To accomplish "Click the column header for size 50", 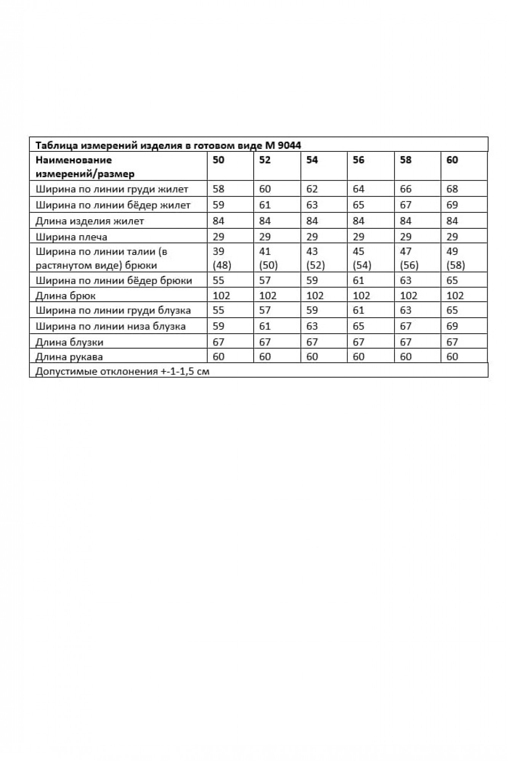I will pyautogui.click(x=219, y=160).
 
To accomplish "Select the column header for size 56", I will pyautogui.click(x=359, y=160).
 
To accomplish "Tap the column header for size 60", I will pyautogui.click(x=452, y=160).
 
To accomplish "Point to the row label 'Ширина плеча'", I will pyautogui.click(x=72, y=237).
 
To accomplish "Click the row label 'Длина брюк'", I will pyautogui.click(x=66, y=296).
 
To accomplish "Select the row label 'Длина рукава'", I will pyautogui.click(x=69, y=357).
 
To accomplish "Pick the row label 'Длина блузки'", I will pyautogui.click(x=70, y=342).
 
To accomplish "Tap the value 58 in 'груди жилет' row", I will pyautogui.click(x=219, y=189).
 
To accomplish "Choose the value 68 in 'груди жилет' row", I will pyautogui.click(x=452, y=189).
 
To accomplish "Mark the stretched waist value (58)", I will pyautogui.click(x=456, y=265).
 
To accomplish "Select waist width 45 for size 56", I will pyautogui.click(x=359, y=252).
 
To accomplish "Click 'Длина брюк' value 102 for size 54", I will pyautogui.click(x=315, y=296).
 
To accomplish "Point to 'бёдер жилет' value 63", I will pyautogui.click(x=312, y=205).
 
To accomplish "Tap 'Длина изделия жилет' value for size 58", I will pyautogui.click(x=406, y=221).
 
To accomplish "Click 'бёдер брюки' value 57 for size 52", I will pyautogui.click(x=265, y=281).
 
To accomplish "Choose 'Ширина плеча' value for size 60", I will pyautogui.click(x=452, y=237).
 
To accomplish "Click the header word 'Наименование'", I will pyautogui.click(x=74, y=160).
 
